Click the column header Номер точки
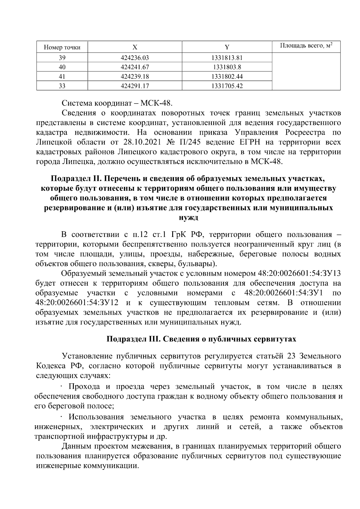pyautogui.click(x=62, y=47)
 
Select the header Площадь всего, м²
pyautogui.click(x=306, y=46)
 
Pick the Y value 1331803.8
pyautogui.click(x=227, y=67)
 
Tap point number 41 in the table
pyautogui.click(x=62, y=77)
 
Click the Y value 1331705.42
pyautogui.click(x=227, y=86)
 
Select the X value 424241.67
pyautogui.click(x=135, y=67)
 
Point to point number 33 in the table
pyautogui.click(x=62, y=86)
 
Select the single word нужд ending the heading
pyautogui.click(x=188, y=218)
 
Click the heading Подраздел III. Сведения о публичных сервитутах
pyautogui.click(x=202, y=339)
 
